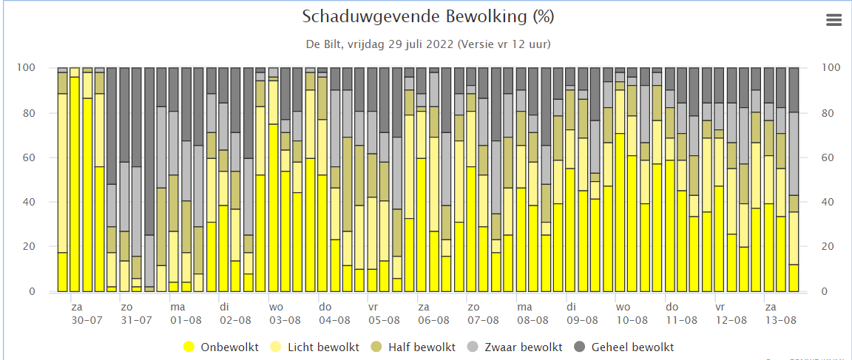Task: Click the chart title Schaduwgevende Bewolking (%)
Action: pyautogui.click(x=428, y=17)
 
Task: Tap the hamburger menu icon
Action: pyautogui.click(x=833, y=20)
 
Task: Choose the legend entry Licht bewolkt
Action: pyautogui.click(x=315, y=347)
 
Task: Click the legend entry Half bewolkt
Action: pyautogui.click(x=406, y=347)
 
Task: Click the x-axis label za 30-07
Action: pyautogui.click(x=87, y=314)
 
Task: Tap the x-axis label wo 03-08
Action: pyautogui.click(x=285, y=314)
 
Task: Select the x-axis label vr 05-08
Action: pyautogui.click(x=384, y=314)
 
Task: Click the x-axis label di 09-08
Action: pyautogui.click(x=582, y=314)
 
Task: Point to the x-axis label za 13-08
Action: pyautogui.click(x=780, y=314)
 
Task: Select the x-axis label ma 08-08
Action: pyautogui.click(x=532, y=314)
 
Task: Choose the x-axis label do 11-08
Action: pyautogui.click(x=681, y=314)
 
